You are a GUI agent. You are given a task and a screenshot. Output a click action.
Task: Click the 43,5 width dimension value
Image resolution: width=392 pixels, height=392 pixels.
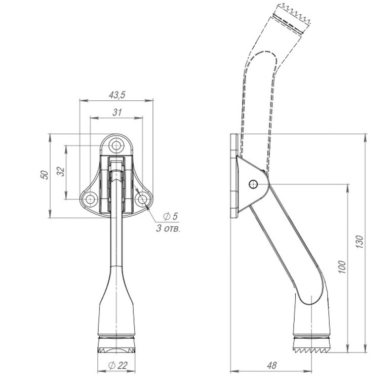tap(117, 95)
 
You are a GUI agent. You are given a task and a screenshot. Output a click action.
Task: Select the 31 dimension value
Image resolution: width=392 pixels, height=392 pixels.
tap(117, 112)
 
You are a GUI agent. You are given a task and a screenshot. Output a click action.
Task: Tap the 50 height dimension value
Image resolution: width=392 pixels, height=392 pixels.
tap(44, 175)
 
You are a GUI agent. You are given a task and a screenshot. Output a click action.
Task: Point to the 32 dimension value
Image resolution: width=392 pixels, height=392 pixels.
tap(61, 172)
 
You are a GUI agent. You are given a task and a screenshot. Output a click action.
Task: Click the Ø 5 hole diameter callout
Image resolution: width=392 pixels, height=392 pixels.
tap(170, 216)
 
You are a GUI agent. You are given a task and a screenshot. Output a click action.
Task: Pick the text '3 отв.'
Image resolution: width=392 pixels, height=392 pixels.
tap(168, 228)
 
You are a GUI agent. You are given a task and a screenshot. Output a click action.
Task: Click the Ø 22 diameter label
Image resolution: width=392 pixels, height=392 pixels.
tap(117, 365)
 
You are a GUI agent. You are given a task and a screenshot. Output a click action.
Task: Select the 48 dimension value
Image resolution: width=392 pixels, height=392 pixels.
tap(272, 365)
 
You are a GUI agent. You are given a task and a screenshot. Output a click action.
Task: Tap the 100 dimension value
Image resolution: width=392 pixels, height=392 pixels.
tap(342, 267)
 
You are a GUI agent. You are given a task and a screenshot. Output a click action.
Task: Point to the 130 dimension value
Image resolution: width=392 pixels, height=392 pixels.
tap(359, 242)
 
